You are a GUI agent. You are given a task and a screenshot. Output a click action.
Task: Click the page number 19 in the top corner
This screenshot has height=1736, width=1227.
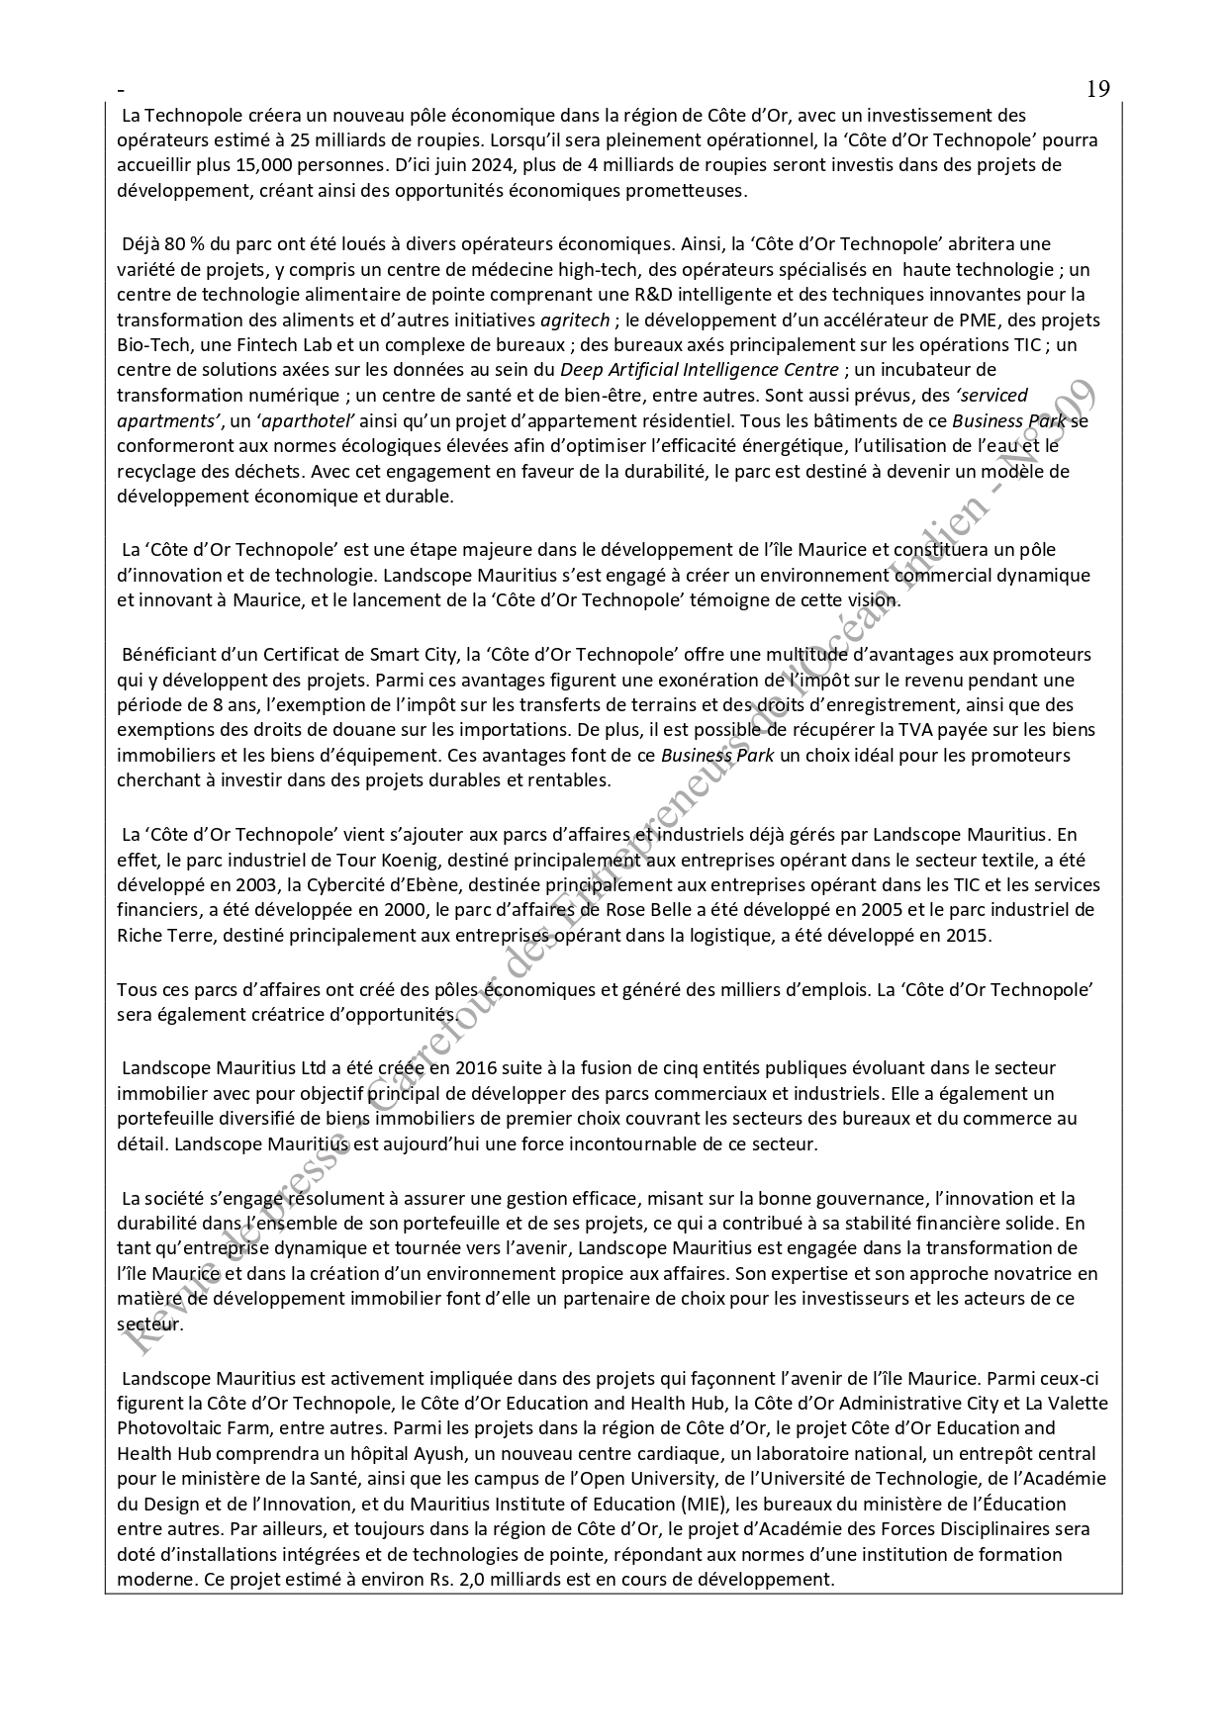(x=1097, y=89)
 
